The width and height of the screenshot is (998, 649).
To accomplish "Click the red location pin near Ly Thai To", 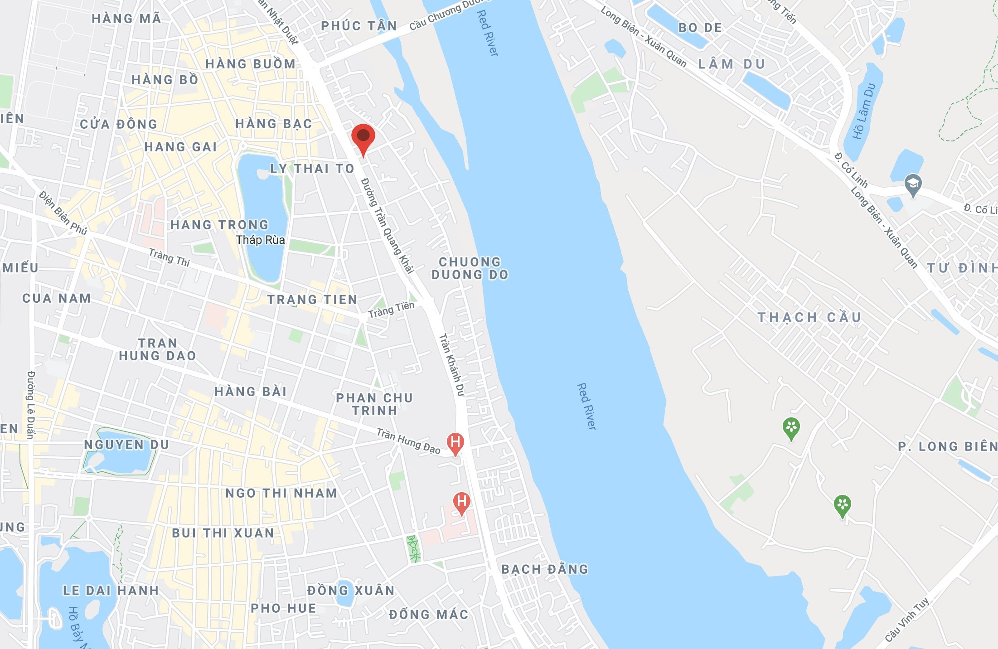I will (363, 138).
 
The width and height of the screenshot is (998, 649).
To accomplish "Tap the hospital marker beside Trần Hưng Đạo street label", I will (455, 443).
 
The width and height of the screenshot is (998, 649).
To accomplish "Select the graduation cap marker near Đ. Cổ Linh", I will (912, 184).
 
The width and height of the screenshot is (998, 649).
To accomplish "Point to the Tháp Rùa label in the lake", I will (260, 240).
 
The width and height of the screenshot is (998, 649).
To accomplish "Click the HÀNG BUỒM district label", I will (250, 64).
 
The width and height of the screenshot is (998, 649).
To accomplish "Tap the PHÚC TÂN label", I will (359, 26).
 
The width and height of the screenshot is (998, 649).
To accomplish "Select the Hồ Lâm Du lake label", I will (864, 111).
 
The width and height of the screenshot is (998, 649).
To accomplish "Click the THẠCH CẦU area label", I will (809, 317).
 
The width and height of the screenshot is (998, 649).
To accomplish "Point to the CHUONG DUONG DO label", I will (470, 268).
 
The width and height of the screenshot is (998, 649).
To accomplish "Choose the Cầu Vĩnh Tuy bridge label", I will (907, 620).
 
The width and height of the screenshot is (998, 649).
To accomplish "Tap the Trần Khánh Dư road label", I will (452, 365).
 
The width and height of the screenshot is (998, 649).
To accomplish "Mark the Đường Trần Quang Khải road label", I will (388, 226).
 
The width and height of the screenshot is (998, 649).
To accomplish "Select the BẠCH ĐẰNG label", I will (544, 569).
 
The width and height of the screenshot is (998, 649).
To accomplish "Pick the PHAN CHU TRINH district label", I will (374, 404).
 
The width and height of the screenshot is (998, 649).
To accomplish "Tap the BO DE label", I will (700, 28).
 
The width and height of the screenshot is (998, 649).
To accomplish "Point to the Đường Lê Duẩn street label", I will (31, 405).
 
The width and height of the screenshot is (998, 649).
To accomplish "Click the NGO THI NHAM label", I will (281, 493).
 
